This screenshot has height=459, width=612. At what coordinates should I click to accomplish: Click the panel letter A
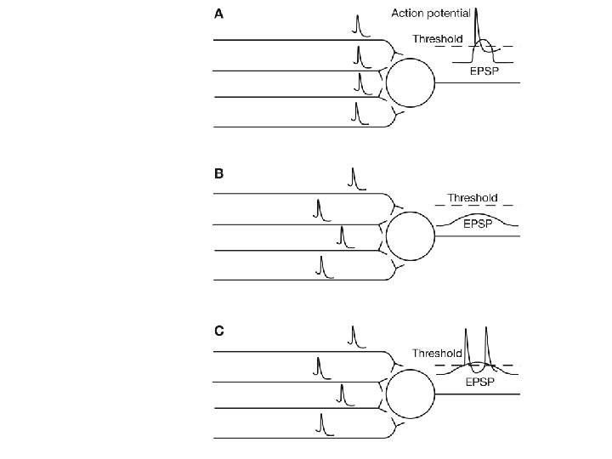(x=219, y=14)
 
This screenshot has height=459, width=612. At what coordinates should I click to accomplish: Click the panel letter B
(x=219, y=173)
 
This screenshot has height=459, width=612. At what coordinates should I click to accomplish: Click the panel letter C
(x=219, y=331)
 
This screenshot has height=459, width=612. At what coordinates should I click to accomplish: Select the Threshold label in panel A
(x=438, y=38)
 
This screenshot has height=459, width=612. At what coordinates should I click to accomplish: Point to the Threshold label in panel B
(x=473, y=197)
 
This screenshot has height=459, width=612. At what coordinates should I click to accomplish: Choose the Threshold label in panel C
(x=437, y=353)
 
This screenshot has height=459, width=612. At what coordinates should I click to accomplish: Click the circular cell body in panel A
(x=411, y=82)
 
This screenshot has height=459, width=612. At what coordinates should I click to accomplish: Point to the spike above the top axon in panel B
(x=353, y=178)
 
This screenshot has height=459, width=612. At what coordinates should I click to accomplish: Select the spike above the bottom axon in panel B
(x=320, y=265)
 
